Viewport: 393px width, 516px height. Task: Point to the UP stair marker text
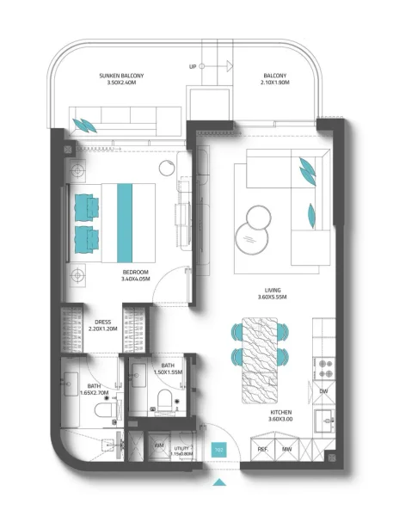point(193,66)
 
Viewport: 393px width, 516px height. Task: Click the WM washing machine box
point(159,445)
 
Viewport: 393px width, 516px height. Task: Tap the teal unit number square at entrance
point(219,448)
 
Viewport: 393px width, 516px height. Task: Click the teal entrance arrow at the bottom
point(220,483)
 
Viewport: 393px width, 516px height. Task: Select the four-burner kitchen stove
point(325,368)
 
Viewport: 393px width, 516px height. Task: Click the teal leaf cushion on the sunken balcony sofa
point(86,124)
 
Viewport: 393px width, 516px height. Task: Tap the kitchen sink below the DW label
point(324,421)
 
